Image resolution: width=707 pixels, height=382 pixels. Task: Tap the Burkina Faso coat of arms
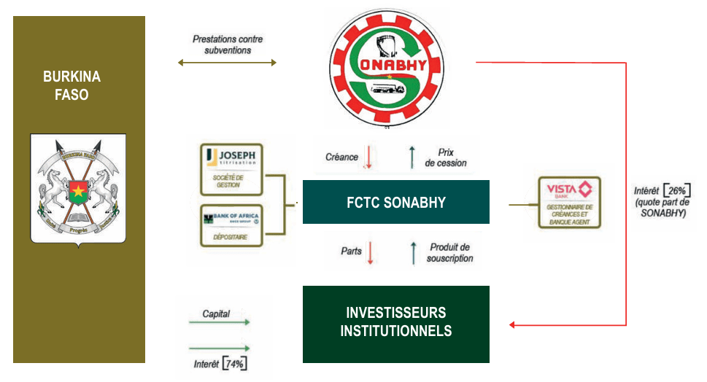point(78,189)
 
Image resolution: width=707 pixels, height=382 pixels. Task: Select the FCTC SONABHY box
point(395,202)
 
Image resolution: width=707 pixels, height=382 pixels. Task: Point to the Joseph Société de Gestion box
point(232,169)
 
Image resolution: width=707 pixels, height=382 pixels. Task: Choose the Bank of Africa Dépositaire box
point(232,225)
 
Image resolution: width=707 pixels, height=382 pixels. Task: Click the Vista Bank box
point(569,202)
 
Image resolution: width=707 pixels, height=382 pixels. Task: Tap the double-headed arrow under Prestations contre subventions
point(227,63)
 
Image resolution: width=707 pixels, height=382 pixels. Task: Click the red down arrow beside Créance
point(368,157)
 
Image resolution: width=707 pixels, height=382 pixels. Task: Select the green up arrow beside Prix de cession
point(412,157)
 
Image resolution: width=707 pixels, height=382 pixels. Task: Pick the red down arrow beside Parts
point(370,252)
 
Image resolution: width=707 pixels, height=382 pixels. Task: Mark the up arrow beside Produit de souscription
point(413,252)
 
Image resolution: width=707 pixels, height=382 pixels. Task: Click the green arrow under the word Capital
point(219,321)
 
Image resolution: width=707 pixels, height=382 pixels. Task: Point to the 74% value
point(234,363)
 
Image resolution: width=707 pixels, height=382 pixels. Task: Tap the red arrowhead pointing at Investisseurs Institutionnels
point(513,324)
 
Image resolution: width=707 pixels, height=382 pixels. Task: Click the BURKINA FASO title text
point(72,85)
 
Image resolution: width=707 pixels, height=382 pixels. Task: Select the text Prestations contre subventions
point(227,44)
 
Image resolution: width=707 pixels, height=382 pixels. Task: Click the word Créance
point(341,157)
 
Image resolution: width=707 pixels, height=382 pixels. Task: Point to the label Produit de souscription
point(450,253)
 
